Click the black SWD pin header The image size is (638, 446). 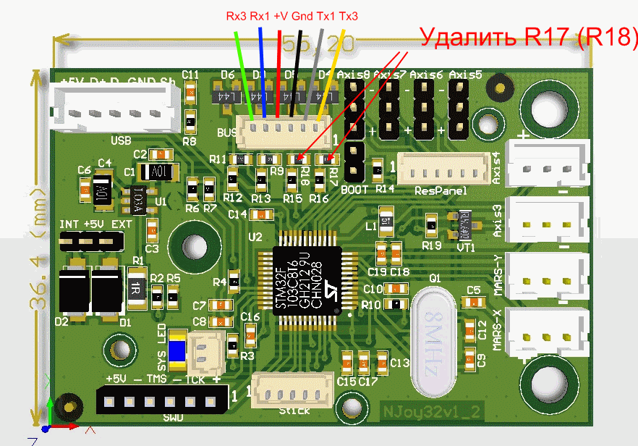pos(163,400)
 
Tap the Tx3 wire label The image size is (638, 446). pos(349,15)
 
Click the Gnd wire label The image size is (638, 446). pos(303,15)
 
